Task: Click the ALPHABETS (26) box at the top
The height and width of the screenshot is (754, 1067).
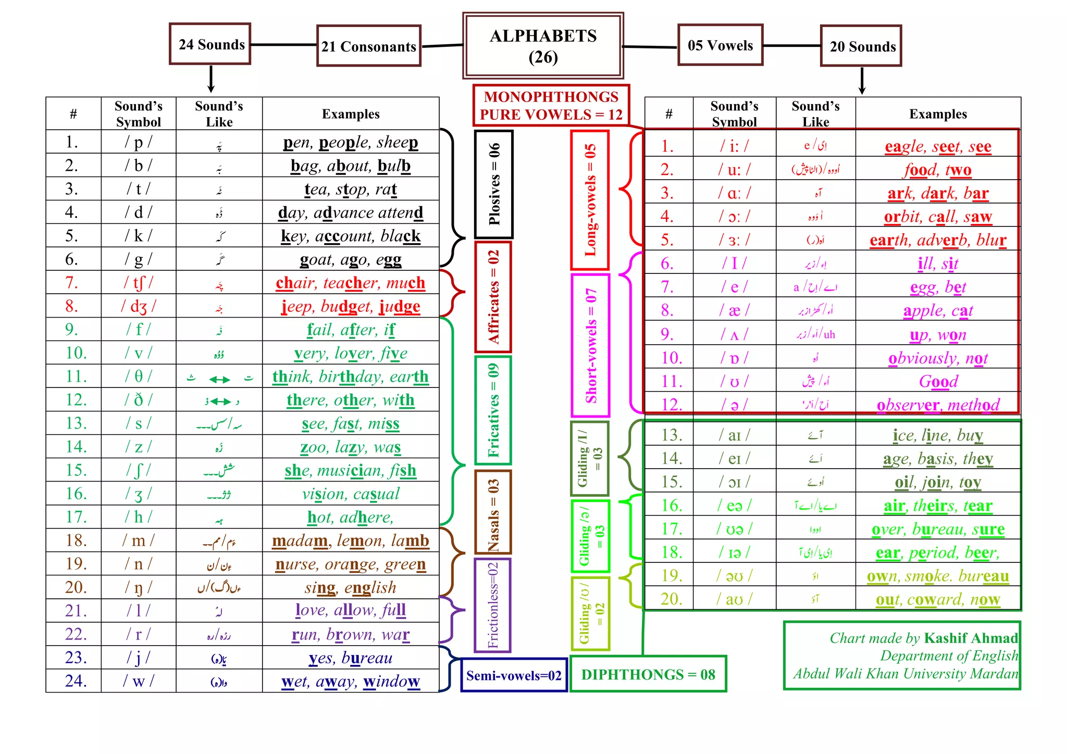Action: [x=543, y=46]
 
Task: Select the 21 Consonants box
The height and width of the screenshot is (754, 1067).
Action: [x=368, y=46]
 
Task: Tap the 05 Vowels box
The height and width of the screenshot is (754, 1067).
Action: [x=720, y=45]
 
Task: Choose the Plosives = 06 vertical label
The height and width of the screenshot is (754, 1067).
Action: [x=494, y=184]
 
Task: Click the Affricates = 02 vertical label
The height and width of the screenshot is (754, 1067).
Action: [x=493, y=297]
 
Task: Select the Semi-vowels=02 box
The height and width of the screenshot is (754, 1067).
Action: [x=514, y=675]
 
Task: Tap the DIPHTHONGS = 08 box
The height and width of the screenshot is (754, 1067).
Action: [x=648, y=674]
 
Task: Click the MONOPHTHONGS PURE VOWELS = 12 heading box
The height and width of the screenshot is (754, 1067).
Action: [x=551, y=106]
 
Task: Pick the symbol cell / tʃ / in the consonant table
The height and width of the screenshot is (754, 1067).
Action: [x=139, y=283]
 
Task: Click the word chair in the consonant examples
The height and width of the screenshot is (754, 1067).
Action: [x=295, y=283]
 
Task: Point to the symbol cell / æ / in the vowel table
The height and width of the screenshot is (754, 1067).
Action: [x=734, y=311]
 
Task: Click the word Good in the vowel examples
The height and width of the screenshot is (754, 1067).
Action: [x=938, y=382]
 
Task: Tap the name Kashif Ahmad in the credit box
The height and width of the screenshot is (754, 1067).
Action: [x=971, y=638]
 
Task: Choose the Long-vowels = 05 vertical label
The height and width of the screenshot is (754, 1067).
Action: [x=590, y=200]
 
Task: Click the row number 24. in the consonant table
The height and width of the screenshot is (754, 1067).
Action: [x=76, y=681]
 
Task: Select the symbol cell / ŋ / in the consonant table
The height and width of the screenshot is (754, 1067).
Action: [x=139, y=587]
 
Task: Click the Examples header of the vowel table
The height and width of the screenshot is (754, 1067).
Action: [x=938, y=114]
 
